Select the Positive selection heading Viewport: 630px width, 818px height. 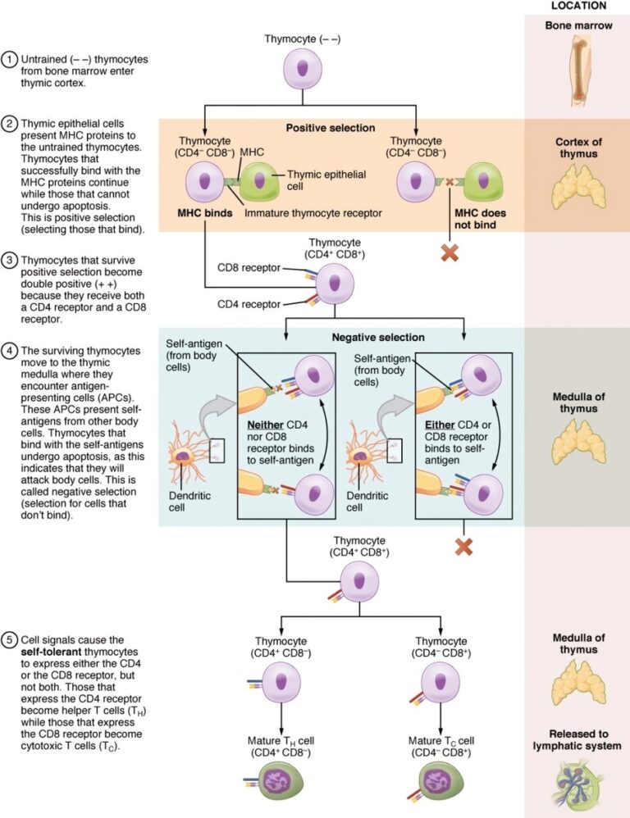331,128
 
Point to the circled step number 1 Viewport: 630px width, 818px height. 10,59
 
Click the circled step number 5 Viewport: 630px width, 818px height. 10,640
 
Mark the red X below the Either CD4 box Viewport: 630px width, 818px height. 463,546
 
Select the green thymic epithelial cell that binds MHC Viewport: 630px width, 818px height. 258,183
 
